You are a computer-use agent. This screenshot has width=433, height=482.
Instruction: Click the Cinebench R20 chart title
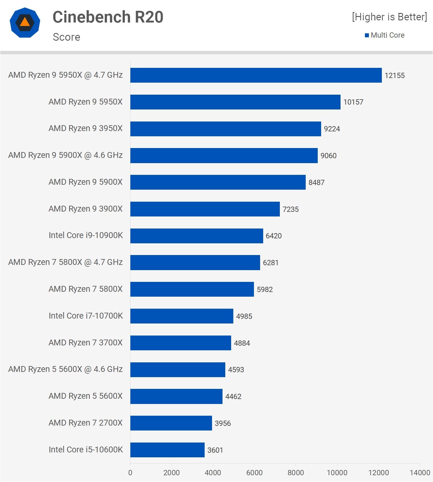[x=108, y=17]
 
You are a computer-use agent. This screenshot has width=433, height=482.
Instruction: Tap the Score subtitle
[x=67, y=37]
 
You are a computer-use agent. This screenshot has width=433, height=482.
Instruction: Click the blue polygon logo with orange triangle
[x=25, y=23]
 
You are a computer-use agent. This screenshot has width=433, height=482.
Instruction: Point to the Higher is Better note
[x=389, y=17]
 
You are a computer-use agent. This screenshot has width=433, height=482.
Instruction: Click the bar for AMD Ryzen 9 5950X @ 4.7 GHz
[x=256, y=75]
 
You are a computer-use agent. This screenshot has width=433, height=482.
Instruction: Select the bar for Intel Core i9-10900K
[x=197, y=236]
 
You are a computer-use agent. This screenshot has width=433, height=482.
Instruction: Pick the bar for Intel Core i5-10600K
[x=167, y=450]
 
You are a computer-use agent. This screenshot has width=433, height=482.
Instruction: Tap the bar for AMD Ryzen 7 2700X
[x=171, y=423]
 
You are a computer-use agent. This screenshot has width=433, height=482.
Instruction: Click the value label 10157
[x=353, y=102]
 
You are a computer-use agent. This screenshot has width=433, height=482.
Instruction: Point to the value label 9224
[x=332, y=129]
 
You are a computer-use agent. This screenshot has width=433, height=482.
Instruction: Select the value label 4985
[x=244, y=316]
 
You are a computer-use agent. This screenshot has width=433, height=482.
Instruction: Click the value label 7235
[x=290, y=209]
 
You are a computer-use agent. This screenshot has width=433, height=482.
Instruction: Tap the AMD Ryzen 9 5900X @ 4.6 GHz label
[x=65, y=155]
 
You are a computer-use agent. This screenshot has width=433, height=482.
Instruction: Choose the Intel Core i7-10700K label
[x=86, y=316]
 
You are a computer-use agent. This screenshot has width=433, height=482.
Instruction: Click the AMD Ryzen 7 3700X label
[x=85, y=343]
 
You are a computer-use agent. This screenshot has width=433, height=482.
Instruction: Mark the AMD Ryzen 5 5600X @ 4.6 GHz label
[x=65, y=369]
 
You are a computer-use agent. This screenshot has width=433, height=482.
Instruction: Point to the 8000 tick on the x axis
[x=296, y=472]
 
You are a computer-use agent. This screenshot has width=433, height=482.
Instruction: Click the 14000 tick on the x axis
[x=419, y=472]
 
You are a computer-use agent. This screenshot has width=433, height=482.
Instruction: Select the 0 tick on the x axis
[x=130, y=472]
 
